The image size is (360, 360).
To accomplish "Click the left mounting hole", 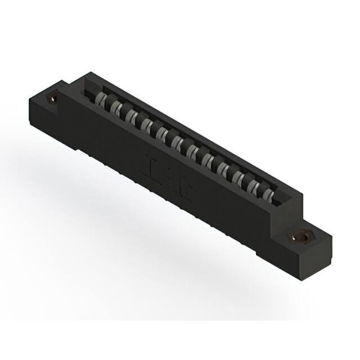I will (53, 98).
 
